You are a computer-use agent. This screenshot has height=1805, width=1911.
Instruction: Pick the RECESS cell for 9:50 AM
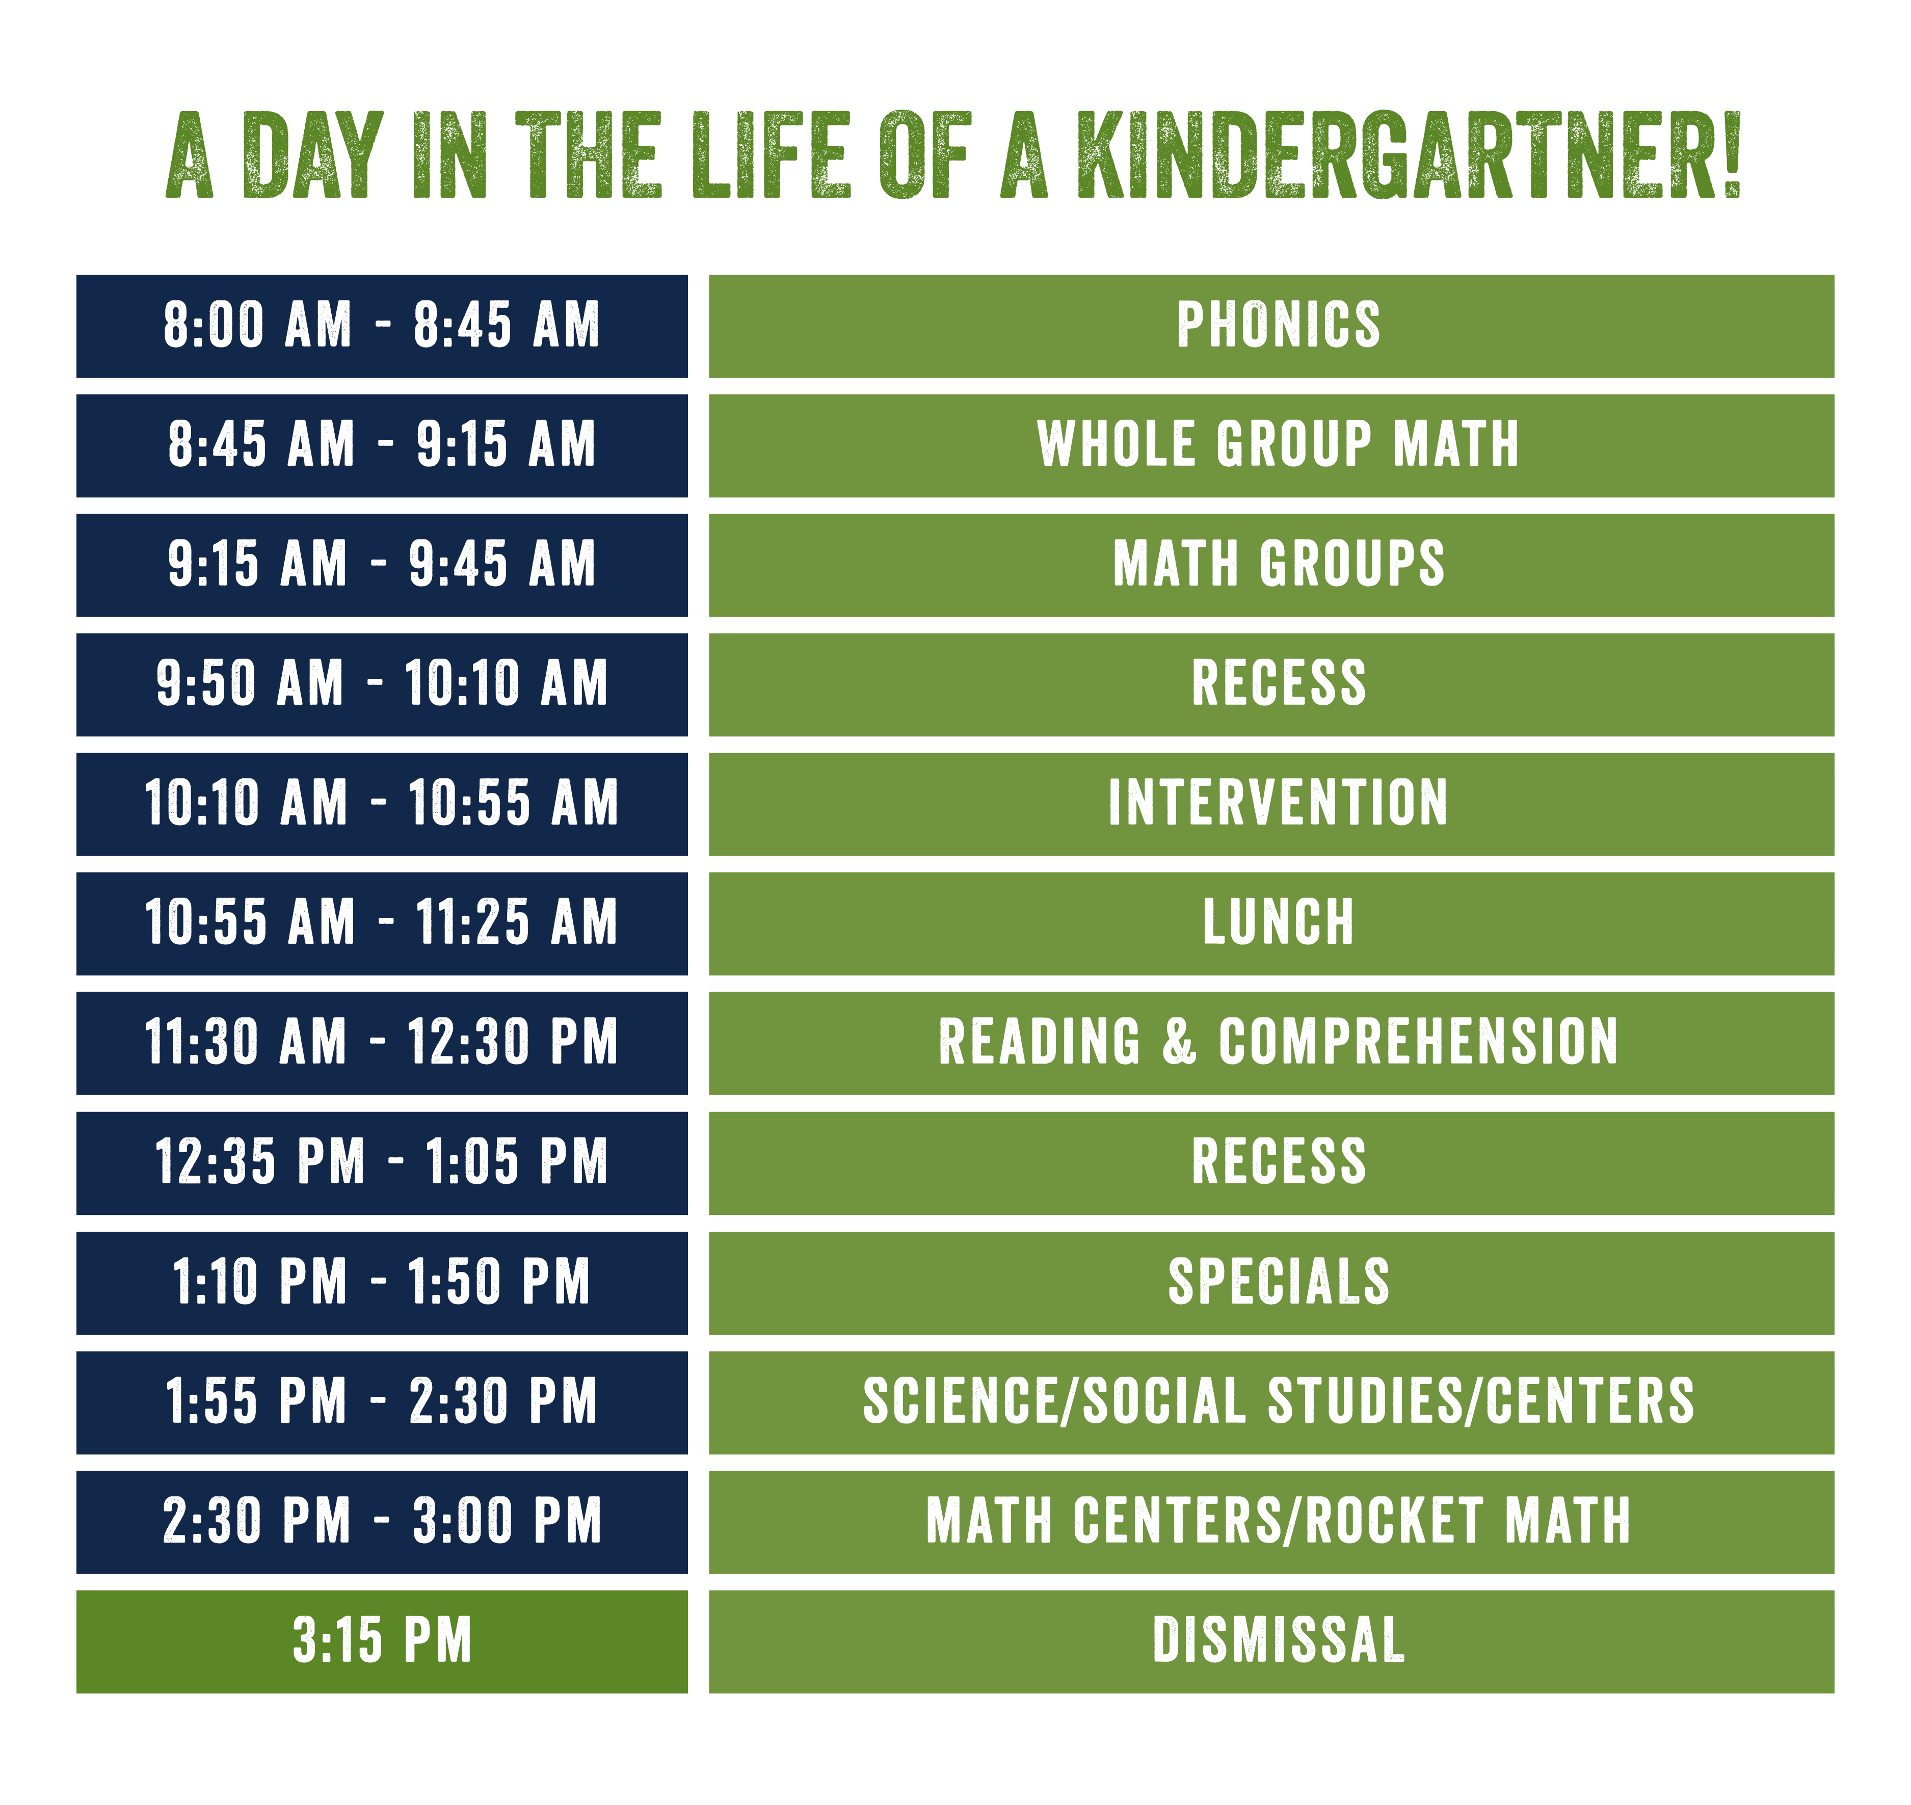tap(1278, 684)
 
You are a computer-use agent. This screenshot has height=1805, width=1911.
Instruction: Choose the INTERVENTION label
tap(1278, 804)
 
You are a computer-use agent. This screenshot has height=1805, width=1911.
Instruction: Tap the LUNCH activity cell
tap(1278, 923)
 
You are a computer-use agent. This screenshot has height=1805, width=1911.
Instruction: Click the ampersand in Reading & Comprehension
tap(1180, 1042)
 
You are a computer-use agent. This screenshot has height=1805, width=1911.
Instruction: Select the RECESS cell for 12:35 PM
tap(1278, 1162)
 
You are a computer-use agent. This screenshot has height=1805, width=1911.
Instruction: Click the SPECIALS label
tap(1278, 1282)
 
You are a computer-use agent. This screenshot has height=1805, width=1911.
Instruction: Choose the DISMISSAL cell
tap(1278, 1640)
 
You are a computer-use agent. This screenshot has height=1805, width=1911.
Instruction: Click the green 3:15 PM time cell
tap(382, 1640)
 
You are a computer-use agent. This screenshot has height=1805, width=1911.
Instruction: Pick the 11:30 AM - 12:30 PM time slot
tap(382, 1042)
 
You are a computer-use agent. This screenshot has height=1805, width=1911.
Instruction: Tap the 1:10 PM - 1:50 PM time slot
tap(382, 1282)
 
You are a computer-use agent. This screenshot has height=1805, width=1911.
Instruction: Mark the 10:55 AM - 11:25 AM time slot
tap(382, 923)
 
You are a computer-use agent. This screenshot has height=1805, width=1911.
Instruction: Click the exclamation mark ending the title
tap(1732, 156)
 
